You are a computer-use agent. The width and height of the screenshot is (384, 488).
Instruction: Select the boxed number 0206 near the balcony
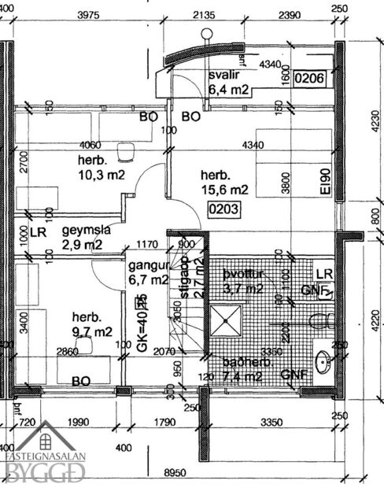click(x=309, y=78)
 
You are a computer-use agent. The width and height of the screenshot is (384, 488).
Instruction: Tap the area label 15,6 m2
click(x=224, y=190)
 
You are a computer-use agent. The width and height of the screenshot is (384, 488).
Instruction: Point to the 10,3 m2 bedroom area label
click(x=101, y=176)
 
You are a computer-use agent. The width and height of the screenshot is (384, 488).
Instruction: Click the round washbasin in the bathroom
click(x=323, y=362)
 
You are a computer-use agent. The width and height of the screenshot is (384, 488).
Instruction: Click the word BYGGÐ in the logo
click(x=46, y=472)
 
